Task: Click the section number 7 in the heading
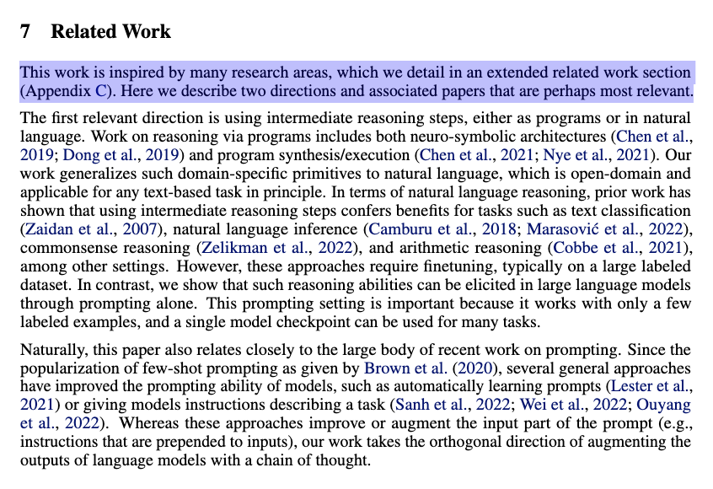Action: point(25,32)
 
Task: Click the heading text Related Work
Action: point(110,32)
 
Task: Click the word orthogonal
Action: point(471,442)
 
